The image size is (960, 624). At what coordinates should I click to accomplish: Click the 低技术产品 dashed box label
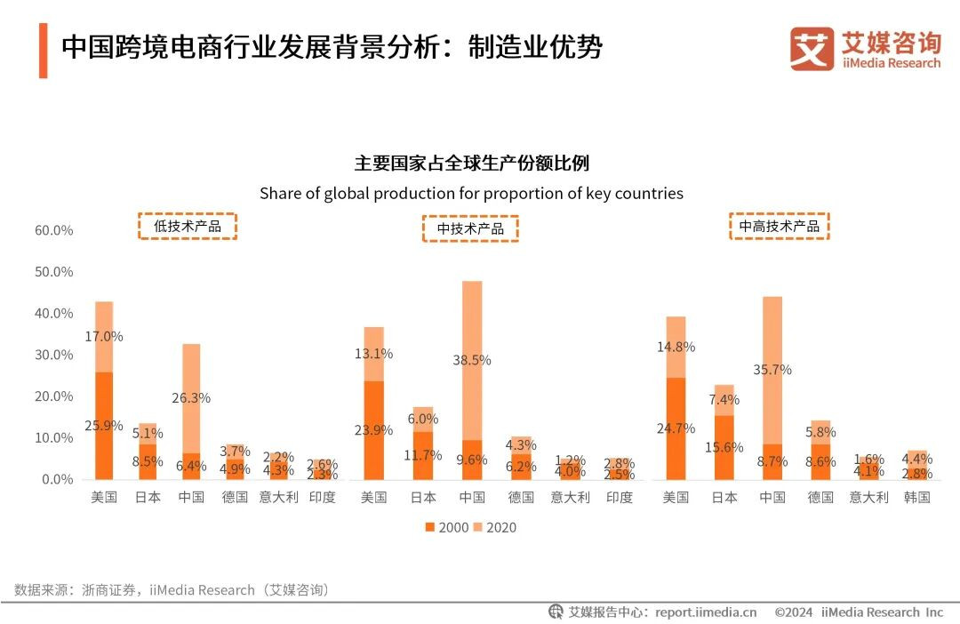(x=187, y=227)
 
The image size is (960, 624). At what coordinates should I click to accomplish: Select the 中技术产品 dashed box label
(x=469, y=228)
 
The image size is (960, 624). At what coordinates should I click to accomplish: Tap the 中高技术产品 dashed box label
(x=779, y=227)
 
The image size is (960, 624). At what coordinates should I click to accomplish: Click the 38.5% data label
(x=472, y=360)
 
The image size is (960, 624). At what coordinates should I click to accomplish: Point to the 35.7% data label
(x=772, y=370)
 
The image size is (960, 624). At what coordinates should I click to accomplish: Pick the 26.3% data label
(x=191, y=398)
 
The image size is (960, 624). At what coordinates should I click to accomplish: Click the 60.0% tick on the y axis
(x=53, y=230)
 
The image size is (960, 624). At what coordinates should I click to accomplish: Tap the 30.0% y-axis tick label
(x=53, y=355)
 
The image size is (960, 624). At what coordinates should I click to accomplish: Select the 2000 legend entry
(x=447, y=527)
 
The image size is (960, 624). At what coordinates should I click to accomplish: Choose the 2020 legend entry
(x=494, y=527)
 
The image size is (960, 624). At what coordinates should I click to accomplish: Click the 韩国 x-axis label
(x=916, y=497)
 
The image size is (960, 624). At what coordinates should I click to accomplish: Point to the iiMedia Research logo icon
(x=812, y=49)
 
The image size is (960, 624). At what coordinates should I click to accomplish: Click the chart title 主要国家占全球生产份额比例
(x=471, y=164)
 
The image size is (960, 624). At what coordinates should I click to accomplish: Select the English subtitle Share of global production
(x=471, y=193)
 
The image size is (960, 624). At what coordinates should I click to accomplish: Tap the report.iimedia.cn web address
(x=706, y=612)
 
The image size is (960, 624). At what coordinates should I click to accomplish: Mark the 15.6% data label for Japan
(x=724, y=447)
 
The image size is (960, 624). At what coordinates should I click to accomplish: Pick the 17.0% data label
(x=104, y=337)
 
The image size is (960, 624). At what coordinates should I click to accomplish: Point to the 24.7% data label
(x=676, y=428)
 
